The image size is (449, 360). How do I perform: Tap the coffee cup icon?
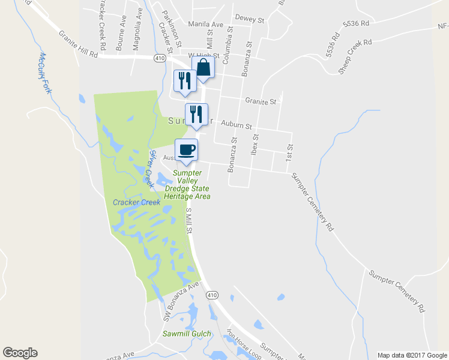[x=186, y=149]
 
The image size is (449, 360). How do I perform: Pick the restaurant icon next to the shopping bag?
[x=184, y=80]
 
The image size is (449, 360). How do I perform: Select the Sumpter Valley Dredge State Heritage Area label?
[x=187, y=184]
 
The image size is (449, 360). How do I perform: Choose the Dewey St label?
[x=250, y=19]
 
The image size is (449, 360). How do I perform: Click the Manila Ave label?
[x=205, y=25]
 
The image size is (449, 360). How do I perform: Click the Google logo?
[x=20, y=353]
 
